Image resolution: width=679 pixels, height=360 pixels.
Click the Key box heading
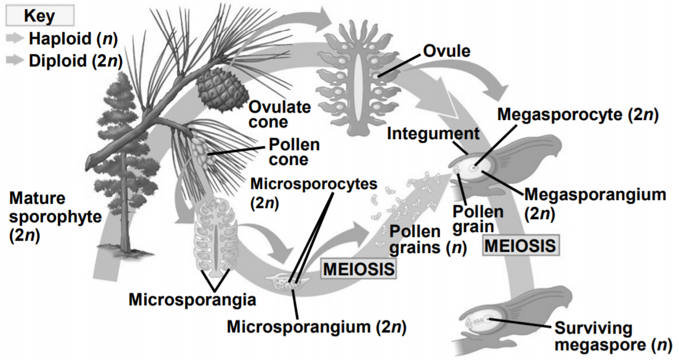point(39,15)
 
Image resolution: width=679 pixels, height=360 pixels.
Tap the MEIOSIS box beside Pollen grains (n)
point(358,268)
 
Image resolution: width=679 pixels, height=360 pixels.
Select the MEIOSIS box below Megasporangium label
point(522,246)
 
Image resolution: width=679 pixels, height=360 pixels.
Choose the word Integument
point(426,134)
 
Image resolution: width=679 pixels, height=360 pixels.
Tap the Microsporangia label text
point(191,301)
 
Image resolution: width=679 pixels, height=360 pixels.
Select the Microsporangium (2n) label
point(316,326)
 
